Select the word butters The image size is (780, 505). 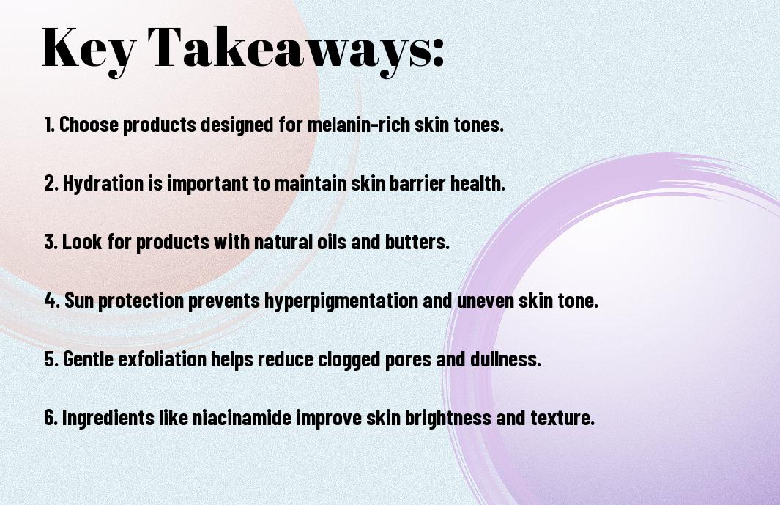pyautogui.click(x=417, y=242)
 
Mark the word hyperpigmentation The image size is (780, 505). pyautogui.click(x=341, y=301)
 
